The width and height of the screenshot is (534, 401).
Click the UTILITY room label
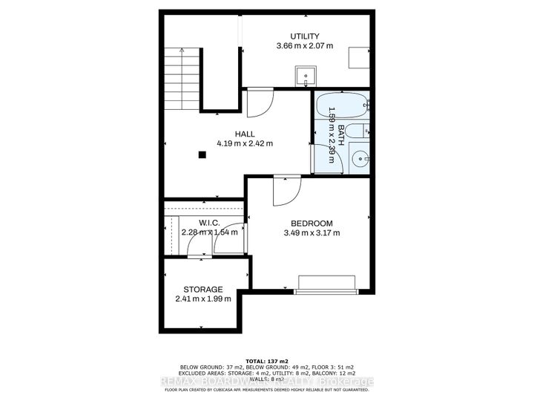point(304,36)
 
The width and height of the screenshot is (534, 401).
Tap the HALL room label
point(245,134)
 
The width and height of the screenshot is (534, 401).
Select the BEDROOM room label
point(311,223)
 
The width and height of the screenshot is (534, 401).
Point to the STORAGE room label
point(203,289)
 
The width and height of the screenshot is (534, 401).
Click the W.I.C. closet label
point(209,222)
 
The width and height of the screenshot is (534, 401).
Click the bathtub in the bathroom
point(341,103)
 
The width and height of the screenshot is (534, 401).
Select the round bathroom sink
point(359,158)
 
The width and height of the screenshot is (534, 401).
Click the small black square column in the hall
point(202,154)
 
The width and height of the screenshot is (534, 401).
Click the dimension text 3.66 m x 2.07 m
point(304,46)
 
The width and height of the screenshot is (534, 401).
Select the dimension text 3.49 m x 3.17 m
point(311,233)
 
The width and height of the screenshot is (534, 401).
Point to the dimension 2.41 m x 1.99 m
point(203,299)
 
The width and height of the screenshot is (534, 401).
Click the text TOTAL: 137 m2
point(266,360)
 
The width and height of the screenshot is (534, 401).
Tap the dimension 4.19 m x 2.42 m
point(245,143)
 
